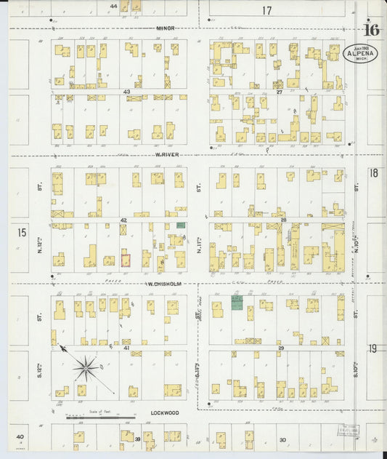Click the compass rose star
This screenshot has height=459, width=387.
pyautogui.click(x=86, y=369)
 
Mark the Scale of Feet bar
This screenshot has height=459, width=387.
pyautogui.click(x=100, y=418)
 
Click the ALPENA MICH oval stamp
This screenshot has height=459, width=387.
pyautogui.click(x=359, y=55)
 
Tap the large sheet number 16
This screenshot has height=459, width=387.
pyautogui.click(x=372, y=31)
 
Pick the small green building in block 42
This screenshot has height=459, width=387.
pyautogui.click(x=181, y=225)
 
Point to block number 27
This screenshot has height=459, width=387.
pyautogui.click(x=279, y=92)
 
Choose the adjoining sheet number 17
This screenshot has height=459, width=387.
pyautogui.click(x=266, y=10)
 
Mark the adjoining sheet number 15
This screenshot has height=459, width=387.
pyautogui.click(x=22, y=232)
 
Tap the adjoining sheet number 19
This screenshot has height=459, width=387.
pyautogui.click(x=372, y=349)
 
